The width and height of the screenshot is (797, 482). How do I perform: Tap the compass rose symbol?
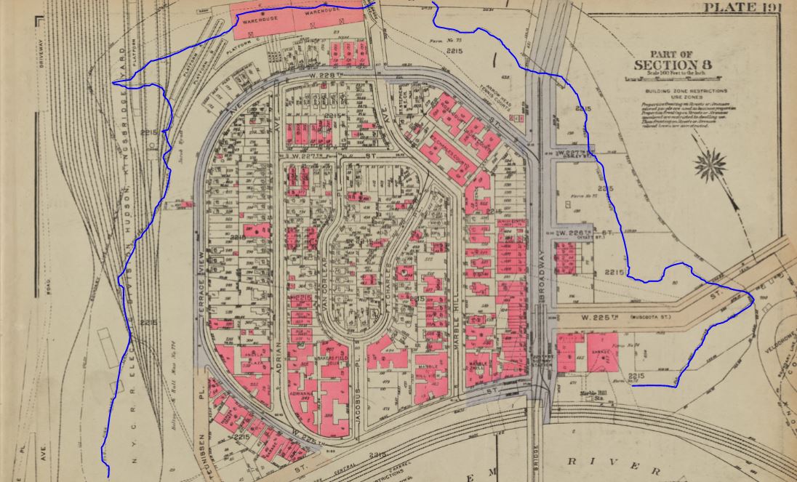click(x=710, y=164)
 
